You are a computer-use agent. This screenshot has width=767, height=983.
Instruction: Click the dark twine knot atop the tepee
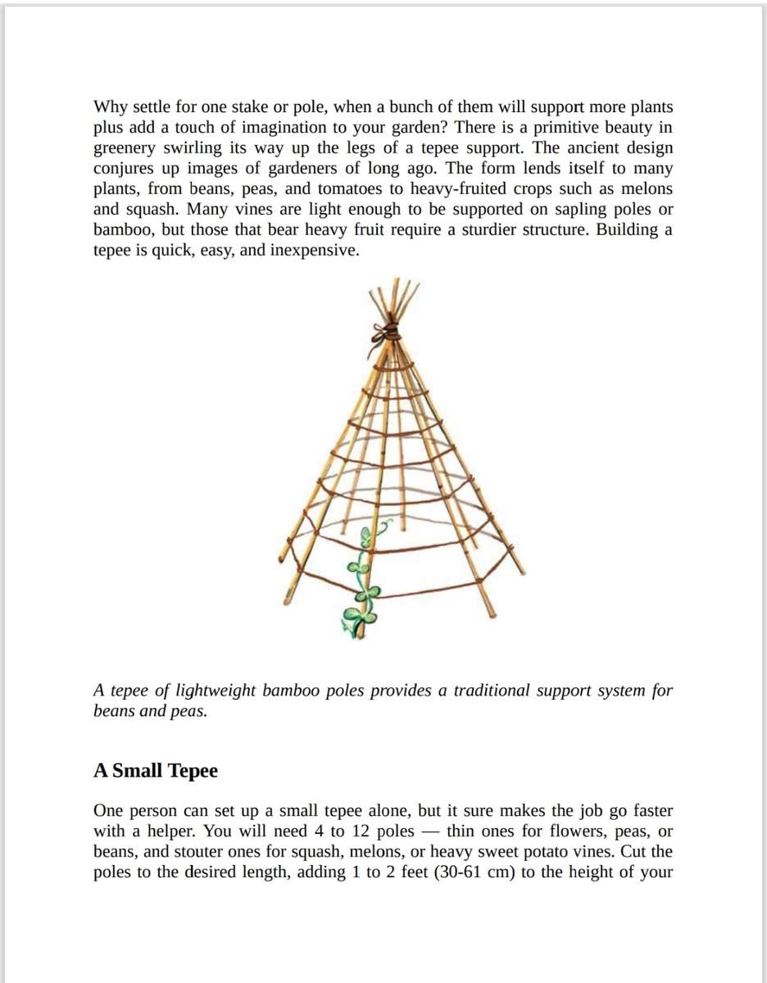(x=388, y=333)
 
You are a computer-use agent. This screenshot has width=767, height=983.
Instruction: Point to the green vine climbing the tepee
(x=361, y=590)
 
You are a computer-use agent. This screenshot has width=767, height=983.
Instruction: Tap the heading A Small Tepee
(x=156, y=771)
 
